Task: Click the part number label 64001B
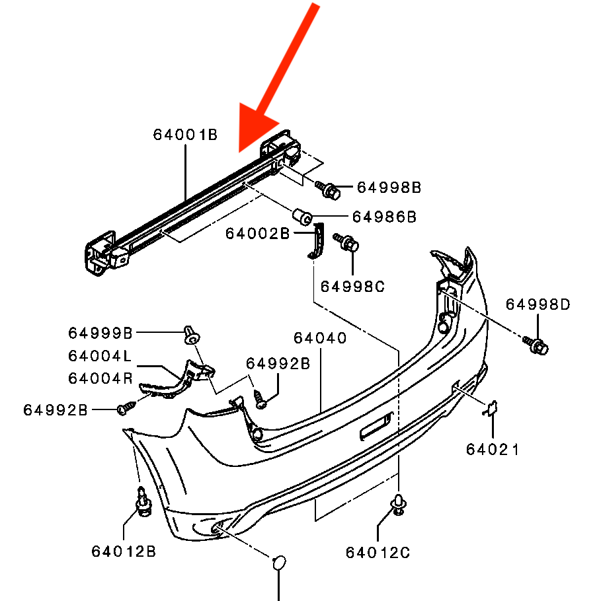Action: click(x=185, y=135)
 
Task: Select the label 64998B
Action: click(x=389, y=188)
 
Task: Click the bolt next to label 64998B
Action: click(x=328, y=190)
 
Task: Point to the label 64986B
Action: click(x=384, y=217)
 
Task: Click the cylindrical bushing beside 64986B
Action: click(x=302, y=217)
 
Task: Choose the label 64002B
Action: click(x=257, y=233)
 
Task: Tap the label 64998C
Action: click(x=352, y=287)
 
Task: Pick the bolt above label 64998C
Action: click(x=346, y=242)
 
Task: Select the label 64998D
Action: click(x=538, y=304)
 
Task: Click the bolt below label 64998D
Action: click(x=536, y=345)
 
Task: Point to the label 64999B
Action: click(x=100, y=333)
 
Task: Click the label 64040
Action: click(x=320, y=337)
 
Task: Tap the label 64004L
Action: click(x=100, y=356)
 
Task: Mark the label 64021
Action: click(x=493, y=449)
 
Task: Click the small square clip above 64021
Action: click(x=491, y=408)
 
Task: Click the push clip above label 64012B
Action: click(x=143, y=502)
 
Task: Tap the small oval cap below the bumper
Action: click(x=279, y=563)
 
